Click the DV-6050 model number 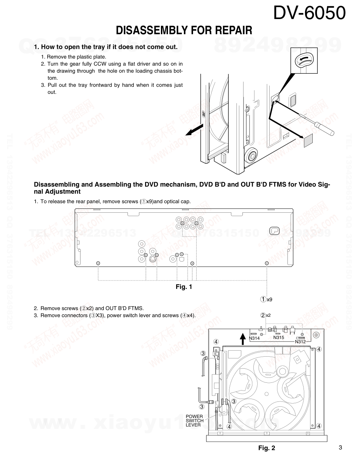[x=309, y=13]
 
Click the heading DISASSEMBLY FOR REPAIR [x=184, y=31]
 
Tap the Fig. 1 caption [x=184, y=287]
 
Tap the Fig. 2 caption [x=266, y=448]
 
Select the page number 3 [x=340, y=448]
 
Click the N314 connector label [x=254, y=338]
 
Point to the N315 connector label [x=278, y=338]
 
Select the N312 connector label [x=300, y=341]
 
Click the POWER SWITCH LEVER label [x=194, y=420]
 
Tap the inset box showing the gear [x=304, y=61]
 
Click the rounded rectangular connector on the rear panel [x=274, y=231]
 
